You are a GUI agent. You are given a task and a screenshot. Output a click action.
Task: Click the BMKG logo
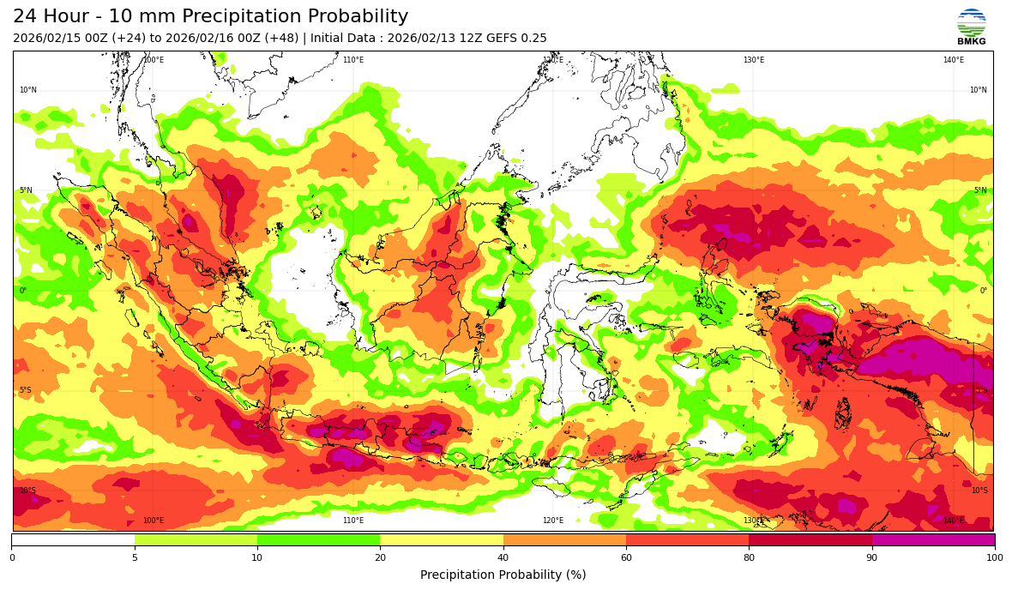pos(971,27)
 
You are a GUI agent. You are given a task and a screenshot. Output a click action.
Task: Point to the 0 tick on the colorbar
pos(12,558)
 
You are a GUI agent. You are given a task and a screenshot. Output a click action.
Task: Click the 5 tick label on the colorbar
pos(135,558)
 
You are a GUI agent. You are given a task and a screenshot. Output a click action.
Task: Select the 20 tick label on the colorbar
pos(380,558)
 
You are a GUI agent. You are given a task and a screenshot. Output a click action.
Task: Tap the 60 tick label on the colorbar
pos(626,558)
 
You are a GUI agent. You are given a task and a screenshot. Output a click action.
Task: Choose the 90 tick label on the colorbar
pos(872,558)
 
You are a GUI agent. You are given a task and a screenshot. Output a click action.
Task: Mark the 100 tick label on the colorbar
pos(995,558)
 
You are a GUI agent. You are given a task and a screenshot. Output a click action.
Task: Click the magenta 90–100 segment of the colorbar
pos(933,540)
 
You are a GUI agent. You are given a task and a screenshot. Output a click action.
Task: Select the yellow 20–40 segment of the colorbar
pos(442,540)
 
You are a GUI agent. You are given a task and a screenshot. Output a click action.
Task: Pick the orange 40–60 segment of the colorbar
pos(564,540)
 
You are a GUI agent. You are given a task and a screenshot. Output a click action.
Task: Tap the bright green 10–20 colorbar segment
pos(318,540)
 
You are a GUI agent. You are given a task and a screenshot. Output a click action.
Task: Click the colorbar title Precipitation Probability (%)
pos(503,575)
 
